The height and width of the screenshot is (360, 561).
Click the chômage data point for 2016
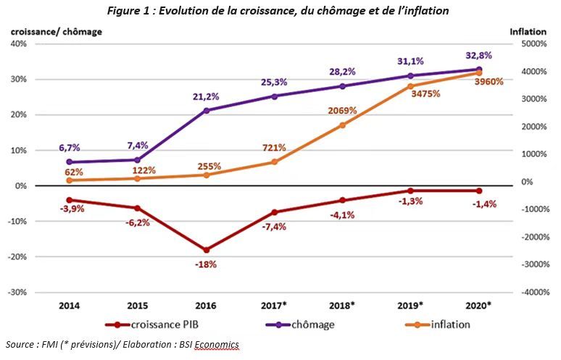tap(207, 110)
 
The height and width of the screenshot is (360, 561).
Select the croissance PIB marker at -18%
tap(207, 250)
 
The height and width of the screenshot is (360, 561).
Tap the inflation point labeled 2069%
tap(343, 125)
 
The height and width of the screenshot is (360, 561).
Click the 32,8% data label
tap(478, 54)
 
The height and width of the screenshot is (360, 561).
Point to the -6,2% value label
tap(138, 222)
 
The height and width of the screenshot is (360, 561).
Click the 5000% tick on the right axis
tap(530, 44)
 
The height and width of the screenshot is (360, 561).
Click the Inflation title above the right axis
tap(528, 32)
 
